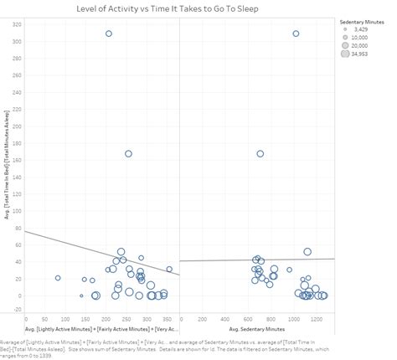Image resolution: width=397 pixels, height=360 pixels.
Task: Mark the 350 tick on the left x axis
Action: (166, 319)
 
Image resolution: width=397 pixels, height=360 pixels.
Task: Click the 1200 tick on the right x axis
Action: (317, 319)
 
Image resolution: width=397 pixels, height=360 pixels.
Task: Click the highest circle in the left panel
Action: (109, 33)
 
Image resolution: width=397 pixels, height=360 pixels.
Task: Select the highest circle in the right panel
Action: (296, 33)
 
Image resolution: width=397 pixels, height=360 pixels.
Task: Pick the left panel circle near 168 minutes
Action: (128, 154)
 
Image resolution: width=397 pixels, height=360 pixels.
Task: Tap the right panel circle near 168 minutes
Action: (260, 154)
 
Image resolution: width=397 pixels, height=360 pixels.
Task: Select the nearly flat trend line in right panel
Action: (251, 260)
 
